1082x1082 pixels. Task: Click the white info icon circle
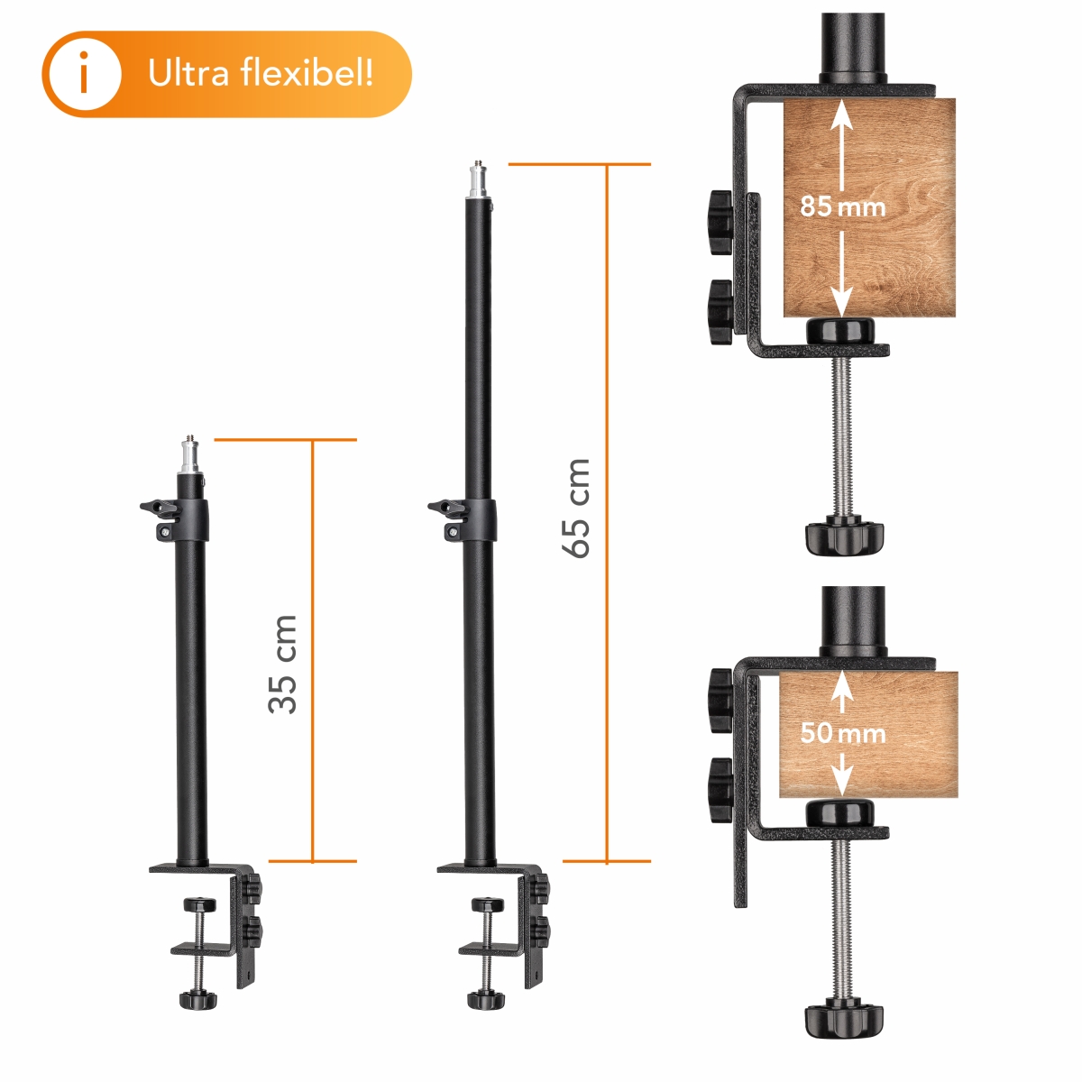coord(85,74)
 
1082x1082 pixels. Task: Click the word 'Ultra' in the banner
coord(188,73)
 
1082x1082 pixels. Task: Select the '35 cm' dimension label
coord(283,664)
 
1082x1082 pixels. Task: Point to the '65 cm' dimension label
coord(577,508)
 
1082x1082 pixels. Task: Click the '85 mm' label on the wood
coord(842,206)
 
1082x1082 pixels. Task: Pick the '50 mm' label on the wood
coord(842,733)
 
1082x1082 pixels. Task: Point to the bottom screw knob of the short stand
coord(197,999)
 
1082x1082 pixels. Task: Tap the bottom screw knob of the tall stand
coord(485,999)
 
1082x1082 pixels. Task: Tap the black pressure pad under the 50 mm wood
coord(841,811)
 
